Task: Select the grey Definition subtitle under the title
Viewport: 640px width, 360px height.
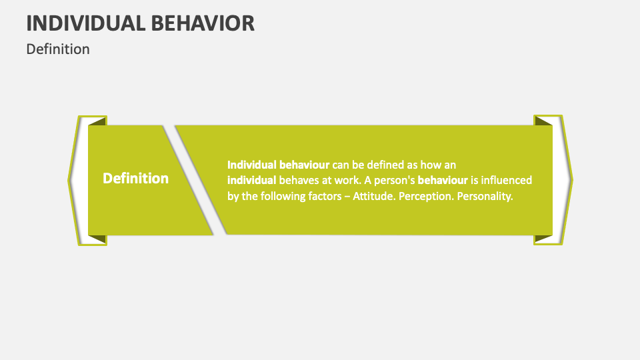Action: pos(58,49)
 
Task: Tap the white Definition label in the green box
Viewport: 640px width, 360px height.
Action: pos(135,179)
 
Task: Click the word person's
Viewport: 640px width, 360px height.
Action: pos(393,180)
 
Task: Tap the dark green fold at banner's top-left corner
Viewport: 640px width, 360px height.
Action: pos(97,121)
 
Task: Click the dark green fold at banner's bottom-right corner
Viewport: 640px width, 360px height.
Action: pos(543,238)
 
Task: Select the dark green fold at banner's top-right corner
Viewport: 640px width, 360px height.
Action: pos(543,121)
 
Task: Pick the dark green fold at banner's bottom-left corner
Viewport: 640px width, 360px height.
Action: pos(97,238)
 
